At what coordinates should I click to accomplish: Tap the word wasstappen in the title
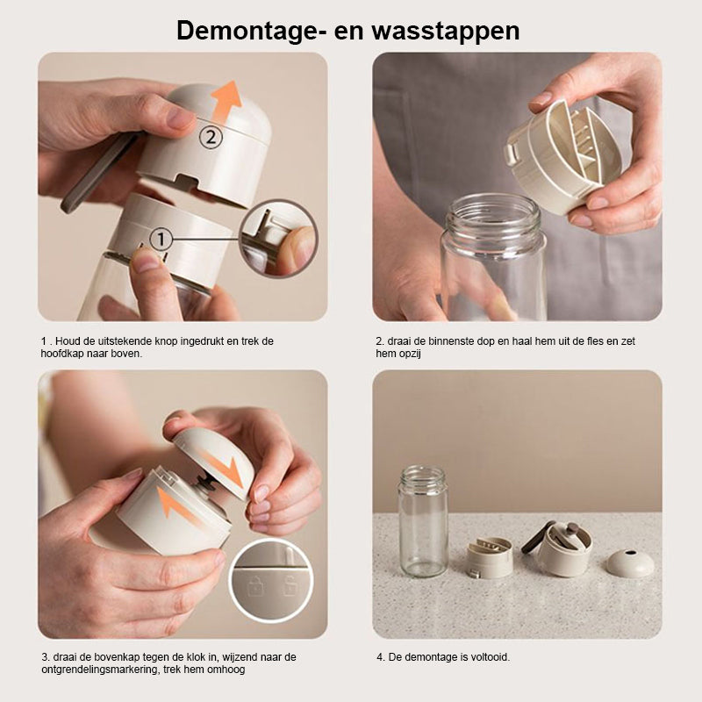coord(446,32)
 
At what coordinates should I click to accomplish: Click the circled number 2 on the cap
coord(211,138)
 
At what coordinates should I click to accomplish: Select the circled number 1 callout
coord(161,240)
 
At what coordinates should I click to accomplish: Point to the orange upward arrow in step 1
coord(226,102)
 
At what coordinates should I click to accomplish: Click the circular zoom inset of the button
coord(278,239)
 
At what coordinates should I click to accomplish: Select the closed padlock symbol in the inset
coord(255,587)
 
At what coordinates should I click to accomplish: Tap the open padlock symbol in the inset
coord(290,586)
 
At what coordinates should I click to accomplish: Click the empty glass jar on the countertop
coord(423,521)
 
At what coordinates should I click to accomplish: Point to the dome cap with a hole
coord(630,563)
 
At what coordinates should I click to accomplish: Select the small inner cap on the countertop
coord(490,558)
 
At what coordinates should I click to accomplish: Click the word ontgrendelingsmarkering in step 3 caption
coord(99,670)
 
